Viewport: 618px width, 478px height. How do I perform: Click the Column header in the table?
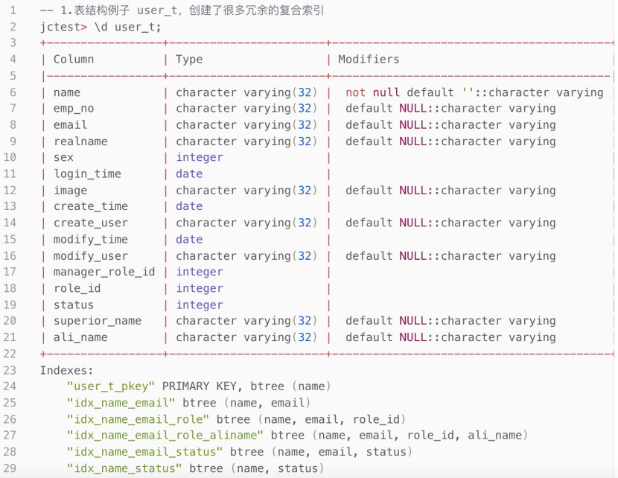74,60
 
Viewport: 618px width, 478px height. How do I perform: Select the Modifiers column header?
369,60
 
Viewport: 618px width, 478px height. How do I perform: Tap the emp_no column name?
74,109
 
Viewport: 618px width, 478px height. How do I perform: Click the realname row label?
80,141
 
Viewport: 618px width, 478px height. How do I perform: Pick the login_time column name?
87,174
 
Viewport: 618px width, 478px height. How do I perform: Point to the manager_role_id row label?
104,272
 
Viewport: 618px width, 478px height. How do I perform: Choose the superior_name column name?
98,321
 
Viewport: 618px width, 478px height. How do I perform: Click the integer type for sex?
200,158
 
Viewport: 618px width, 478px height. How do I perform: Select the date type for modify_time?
189,240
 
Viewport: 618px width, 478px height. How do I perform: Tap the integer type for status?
200,305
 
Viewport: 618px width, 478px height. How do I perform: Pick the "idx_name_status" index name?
124,468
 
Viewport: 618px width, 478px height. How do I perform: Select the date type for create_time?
189,207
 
